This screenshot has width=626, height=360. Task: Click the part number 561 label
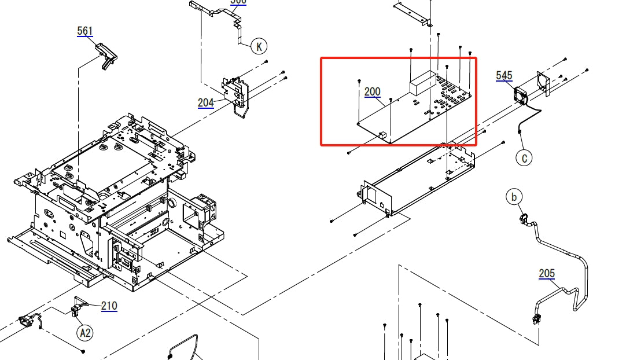[x=84, y=31]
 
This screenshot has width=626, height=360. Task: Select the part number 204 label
[x=205, y=102]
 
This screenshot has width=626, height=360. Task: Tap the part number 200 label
[x=373, y=91]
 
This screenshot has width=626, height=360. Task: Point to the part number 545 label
[x=504, y=75]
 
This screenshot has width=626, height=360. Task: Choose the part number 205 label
[x=547, y=273]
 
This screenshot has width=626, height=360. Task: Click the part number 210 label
[x=109, y=306]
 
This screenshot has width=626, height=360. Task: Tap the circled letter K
[x=259, y=46]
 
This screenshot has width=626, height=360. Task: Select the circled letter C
[x=524, y=157]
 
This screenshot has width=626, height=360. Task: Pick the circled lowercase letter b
[x=513, y=197]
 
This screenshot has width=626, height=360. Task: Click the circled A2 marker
[x=85, y=332]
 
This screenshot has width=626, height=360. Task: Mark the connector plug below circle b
[x=524, y=218]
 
